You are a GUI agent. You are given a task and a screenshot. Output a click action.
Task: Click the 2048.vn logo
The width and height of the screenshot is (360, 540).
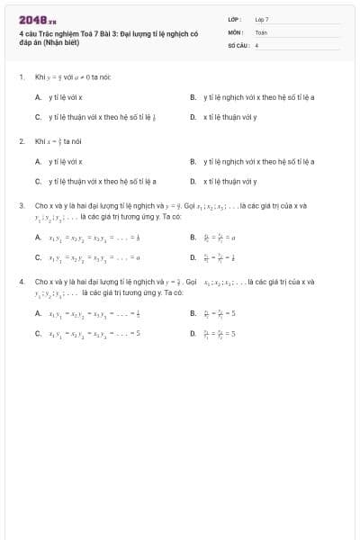click(37, 20)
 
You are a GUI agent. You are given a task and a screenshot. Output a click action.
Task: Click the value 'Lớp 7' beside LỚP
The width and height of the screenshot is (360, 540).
click(262, 19)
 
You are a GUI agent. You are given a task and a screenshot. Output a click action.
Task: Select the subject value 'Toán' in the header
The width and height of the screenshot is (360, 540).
click(261, 31)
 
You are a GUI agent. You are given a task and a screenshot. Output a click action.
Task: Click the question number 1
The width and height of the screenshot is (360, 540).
click(21, 77)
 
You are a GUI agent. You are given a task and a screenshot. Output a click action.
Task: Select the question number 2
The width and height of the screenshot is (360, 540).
click(21, 141)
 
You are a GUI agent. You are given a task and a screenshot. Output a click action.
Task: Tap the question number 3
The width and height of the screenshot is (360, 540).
click(21, 205)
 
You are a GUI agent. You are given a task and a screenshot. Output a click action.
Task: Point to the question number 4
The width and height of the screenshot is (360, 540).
click(21, 282)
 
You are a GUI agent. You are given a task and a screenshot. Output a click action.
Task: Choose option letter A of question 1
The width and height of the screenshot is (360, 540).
click(38, 97)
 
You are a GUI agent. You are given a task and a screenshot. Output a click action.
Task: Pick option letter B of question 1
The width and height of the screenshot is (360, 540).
click(193, 97)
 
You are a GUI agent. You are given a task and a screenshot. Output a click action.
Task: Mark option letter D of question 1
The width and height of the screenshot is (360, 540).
click(193, 117)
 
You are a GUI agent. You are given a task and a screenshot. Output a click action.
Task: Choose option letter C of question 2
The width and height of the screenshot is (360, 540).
click(38, 181)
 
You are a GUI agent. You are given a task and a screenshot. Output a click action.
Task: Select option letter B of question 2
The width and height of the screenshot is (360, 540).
click(193, 161)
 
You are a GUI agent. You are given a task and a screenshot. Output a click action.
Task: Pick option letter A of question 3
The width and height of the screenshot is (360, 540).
click(38, 238)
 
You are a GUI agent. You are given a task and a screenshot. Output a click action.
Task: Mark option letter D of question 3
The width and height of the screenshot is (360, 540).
click(193, 256)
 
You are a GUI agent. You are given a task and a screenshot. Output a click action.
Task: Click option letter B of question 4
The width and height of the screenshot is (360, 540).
click(193, 313)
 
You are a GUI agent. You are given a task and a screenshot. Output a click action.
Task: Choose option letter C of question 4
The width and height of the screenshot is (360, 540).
click(38, 333)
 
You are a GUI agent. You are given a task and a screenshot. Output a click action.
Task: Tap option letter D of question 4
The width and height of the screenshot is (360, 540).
click(193, 333)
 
